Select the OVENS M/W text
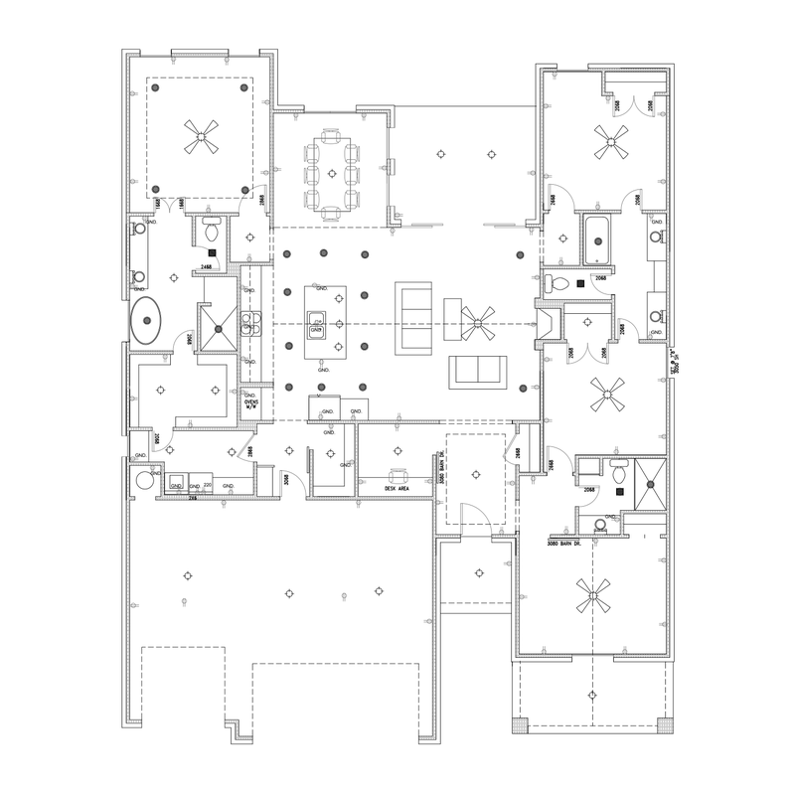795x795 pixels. click(251, 402)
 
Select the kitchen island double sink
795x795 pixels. click(318, 322)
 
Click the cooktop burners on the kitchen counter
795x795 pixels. click(249, 320)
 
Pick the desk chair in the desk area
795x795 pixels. click(399, 474)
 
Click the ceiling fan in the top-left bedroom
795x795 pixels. click(202, 139)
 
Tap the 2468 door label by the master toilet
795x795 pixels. click(210, 268)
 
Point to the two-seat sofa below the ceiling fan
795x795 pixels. click(480, 371)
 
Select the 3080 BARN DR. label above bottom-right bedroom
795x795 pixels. click(569, 545)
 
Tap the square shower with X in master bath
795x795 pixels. click(218, 320)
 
